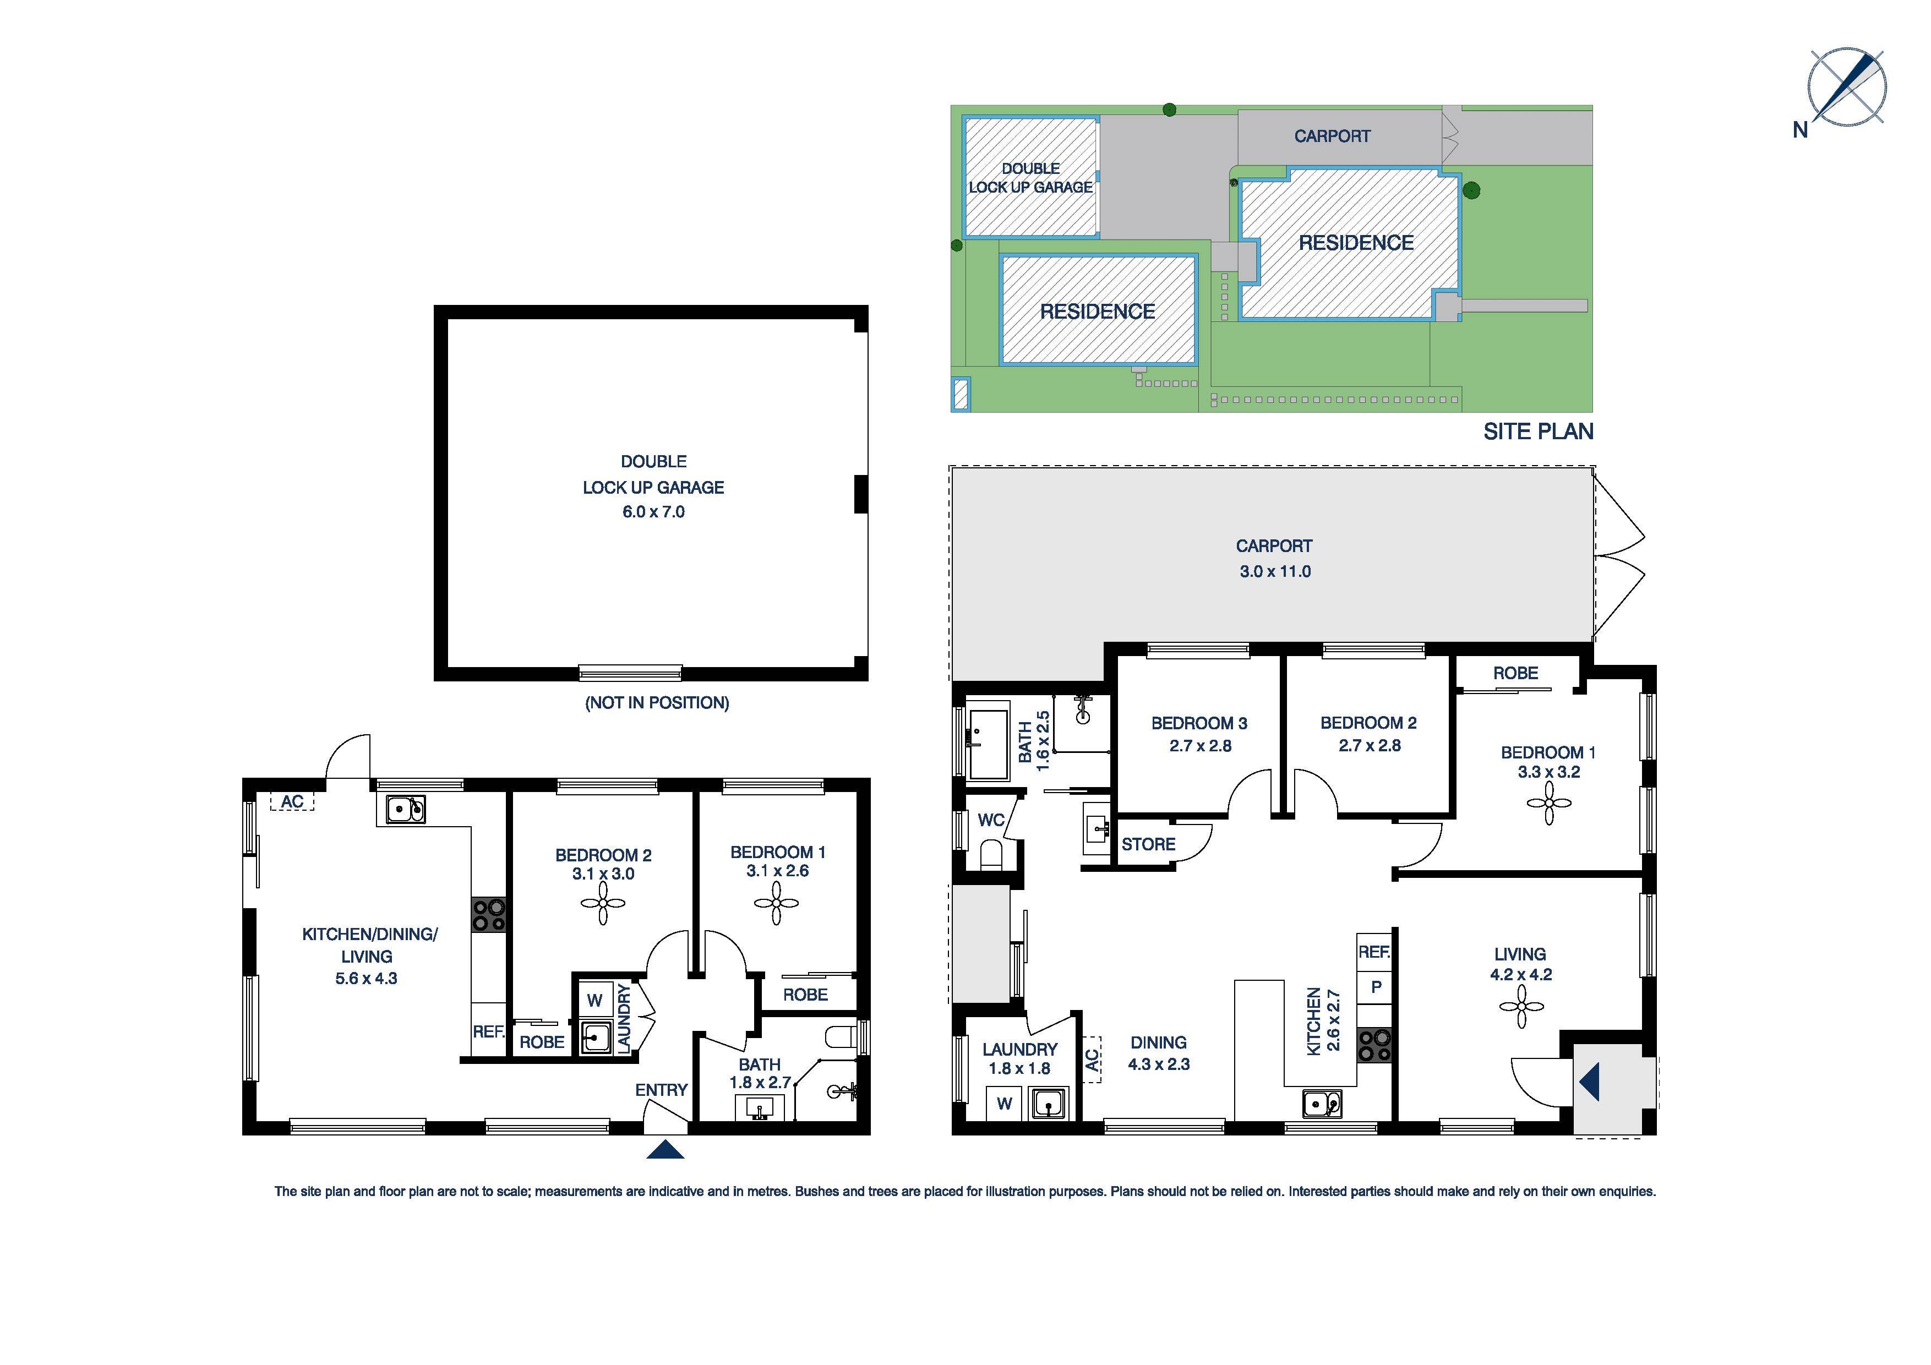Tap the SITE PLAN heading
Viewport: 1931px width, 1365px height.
pos(1537,432)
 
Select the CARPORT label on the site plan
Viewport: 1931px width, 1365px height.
pos(1332,136)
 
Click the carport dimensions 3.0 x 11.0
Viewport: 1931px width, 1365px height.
pos(1275,572)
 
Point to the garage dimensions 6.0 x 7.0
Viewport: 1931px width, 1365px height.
pos(653,512)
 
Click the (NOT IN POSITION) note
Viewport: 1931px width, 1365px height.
pos(657,703)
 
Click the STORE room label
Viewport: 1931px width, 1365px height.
pos(1148,844)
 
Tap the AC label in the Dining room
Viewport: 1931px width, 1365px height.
pos(1092,1060)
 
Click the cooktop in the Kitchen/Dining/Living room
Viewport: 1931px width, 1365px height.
pos(489,915)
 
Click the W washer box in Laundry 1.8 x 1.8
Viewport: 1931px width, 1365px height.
pos(1004,1104)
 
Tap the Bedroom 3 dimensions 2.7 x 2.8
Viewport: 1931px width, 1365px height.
pos(1199,746)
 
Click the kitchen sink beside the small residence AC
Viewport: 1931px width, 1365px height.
pos(405,809)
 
